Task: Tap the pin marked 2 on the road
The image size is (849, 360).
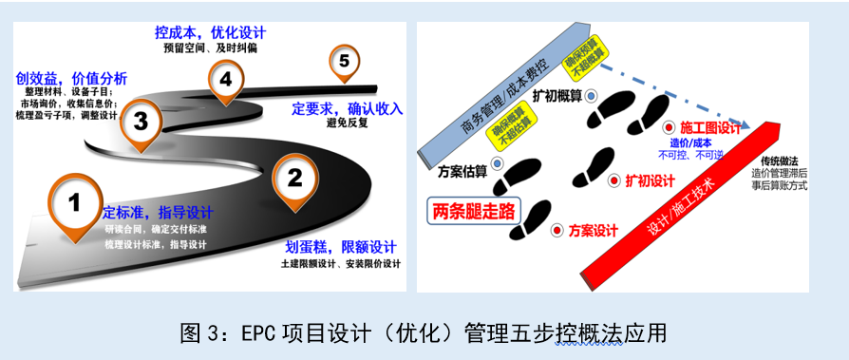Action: pyautogui.click(x=294, y=178)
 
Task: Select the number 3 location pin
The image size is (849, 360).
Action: pyautogui.click(x=141, y=121)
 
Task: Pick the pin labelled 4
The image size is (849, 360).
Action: pyautogui.click(x=225, y=80)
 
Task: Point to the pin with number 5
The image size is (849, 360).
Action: pyautogui.click(x=344, y=62)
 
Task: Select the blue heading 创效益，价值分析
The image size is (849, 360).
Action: pyautogui.click(x=72, y=78)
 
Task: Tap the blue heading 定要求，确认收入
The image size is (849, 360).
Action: pyautogui.click(x=348, y=108)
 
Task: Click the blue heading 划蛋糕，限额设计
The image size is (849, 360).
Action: pyautogui.click(x=341, y=247)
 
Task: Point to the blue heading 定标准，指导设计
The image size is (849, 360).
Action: pyautogui.click(x=158, y=212)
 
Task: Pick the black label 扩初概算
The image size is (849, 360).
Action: pyautogui.click(x=556, y=95)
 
